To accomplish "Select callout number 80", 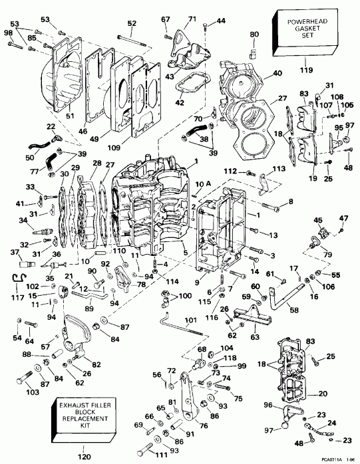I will tap(254, 35).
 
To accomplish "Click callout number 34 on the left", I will tap(23, 220).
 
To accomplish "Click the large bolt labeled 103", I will tap(25, 382).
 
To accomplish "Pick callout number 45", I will tap(317, 221).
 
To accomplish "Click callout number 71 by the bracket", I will tap(192, 19).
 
